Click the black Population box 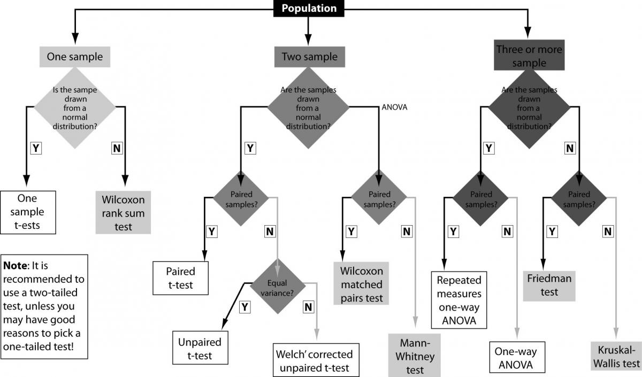point(309,8)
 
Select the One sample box point(75,56)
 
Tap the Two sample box point(309,57)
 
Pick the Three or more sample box point(529,56)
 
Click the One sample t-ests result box point(27,212)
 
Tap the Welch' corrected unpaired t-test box point(315,360)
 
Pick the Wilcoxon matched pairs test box point(358,283)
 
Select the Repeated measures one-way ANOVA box point(459,300)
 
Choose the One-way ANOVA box point(516,357)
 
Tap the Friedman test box point(549,285)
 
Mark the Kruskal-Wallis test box point(616,355)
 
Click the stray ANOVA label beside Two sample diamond point(394,107)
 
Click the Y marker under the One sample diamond point(36,148)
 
